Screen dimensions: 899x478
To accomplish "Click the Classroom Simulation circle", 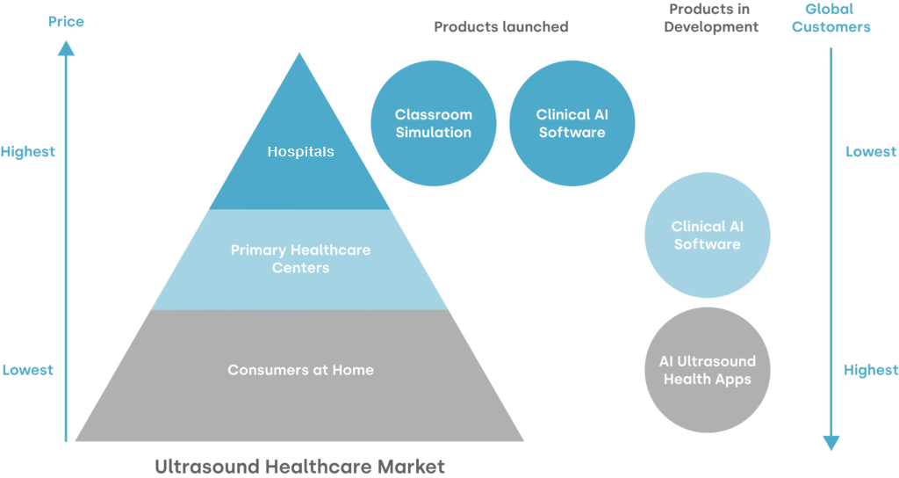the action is point(434,123).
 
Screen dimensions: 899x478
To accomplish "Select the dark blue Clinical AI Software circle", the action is point(572,123).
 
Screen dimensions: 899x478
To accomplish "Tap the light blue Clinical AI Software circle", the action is point(708,235).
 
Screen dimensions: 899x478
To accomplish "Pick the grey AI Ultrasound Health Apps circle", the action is point(708,370).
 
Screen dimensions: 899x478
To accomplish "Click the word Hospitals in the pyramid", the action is point(300,151).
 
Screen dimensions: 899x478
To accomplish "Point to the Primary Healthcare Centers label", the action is point(300,259).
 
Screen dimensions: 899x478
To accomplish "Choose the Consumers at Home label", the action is point(300,370).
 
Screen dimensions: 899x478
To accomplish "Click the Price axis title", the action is point(66,22).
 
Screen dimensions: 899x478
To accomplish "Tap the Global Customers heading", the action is point(831,18).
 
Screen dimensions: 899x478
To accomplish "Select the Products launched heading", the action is point(501,27).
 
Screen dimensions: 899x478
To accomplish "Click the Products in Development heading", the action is point(711,18).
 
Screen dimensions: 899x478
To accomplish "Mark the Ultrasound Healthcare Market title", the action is point(300,466).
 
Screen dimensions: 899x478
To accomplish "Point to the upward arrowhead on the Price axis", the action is point(66,48).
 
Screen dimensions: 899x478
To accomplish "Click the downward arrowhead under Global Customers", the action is point(831,443).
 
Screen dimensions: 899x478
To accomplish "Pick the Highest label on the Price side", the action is point(27,152).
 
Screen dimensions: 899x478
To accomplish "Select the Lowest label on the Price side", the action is point(27,370).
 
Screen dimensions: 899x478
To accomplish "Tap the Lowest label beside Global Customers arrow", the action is point(871,151).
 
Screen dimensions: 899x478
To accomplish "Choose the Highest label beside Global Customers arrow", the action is point(871,371).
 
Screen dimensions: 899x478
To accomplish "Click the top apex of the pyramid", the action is point(298,54).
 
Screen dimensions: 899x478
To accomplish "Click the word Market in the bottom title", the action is point(411,466).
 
